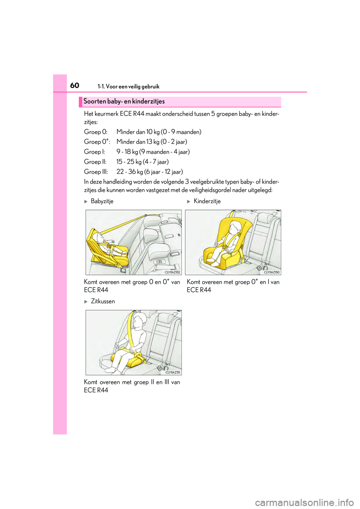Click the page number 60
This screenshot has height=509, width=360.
pyautogui.click(x=75, y=85)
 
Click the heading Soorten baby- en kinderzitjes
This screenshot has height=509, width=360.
pyautogui.click(x=124, y=102)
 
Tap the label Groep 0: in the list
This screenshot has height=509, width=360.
pyautogui.click(x=96, y=132)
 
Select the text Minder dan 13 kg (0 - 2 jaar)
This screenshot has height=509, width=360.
pyautogui.click(x=151, y=142)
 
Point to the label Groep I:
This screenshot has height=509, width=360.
pyautogui.click(x=94, y=152)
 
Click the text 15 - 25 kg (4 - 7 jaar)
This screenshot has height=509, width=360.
pyautogui.click(x=142, y=162)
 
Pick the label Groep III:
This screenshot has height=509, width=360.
pyautogui.click(x=96, y=172)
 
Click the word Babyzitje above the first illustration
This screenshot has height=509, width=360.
pyautogui.click(x=102, y=201)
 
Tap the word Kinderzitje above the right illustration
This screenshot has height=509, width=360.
pyautogui.click(x=207, y=201)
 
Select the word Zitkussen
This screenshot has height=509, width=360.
pyautogui.click(x=103, y=301)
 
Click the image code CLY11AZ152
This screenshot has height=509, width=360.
pyautogui.click(x=172, y=272)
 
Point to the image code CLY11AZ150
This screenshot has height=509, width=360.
pyautogui.click(x=271, y=272)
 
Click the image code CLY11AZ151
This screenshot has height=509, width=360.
pyautogui.click(x=173, y=372)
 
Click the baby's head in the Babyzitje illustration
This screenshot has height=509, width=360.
pyautogui.click(x=99, y=238)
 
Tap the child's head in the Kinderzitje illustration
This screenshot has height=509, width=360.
pyautogui.click(x=235, y=228)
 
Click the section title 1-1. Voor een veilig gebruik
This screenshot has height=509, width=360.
pyautogui.click(x=128, y=87)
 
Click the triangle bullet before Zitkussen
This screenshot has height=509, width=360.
pyautogui.click(x=86, y=302)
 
